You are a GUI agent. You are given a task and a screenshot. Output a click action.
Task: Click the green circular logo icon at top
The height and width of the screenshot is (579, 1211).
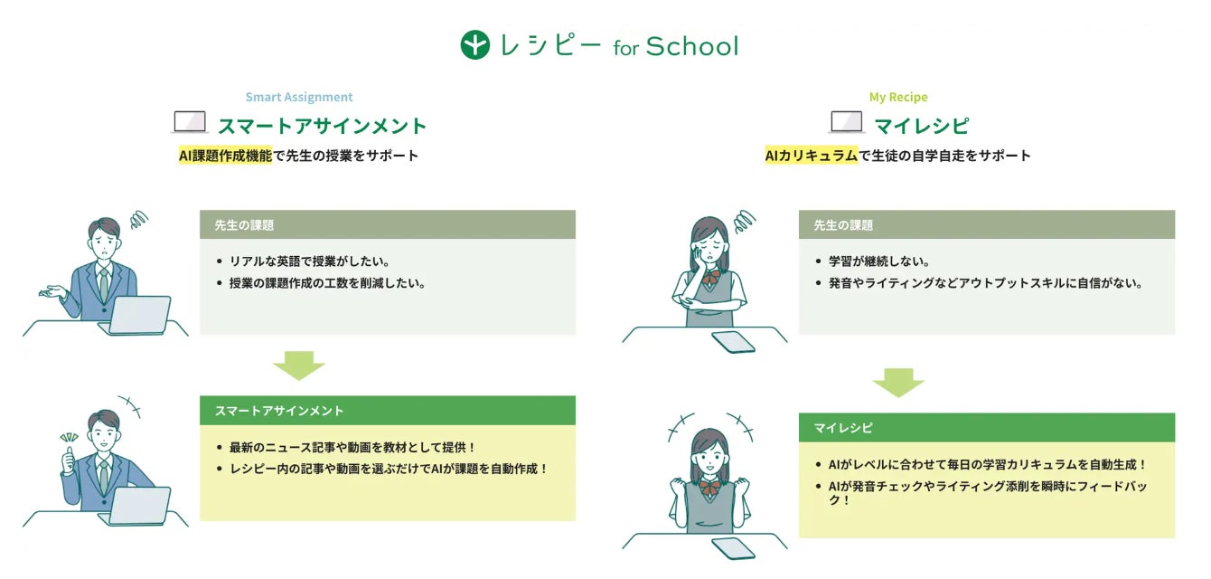pos(474,45)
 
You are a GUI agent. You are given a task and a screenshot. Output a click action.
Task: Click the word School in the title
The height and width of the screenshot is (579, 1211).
pos(692,46)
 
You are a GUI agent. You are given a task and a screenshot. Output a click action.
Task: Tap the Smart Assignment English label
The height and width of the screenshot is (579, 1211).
pos(299,97)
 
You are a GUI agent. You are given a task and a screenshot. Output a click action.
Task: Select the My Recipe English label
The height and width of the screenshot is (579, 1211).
pos(898,97)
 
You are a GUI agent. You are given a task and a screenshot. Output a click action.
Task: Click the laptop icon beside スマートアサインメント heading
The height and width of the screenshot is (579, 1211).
pos(190,122)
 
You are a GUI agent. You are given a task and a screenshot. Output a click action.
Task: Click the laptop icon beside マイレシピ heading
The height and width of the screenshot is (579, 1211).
pos(847,122)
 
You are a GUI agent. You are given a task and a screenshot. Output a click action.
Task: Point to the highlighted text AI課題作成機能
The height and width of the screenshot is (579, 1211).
pos(225,156)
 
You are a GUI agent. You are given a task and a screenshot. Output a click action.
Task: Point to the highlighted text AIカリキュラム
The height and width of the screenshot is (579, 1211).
pos(811,156)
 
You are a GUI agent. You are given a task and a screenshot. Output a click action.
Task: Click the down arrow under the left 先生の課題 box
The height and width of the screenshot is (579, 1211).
pos(299,365)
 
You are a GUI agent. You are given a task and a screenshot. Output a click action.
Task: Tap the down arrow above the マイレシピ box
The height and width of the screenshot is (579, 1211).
pos(898,383)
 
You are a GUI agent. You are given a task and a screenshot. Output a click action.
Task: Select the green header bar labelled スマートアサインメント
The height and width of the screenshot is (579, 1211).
pos(388,410)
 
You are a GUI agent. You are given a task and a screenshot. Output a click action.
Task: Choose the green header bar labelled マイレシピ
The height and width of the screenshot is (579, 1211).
pos(987,428)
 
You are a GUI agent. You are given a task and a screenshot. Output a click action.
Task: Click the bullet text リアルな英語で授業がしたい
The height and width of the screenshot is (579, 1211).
pos(310,261)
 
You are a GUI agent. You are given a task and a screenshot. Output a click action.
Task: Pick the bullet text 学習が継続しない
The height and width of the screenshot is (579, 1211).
pos(879,261)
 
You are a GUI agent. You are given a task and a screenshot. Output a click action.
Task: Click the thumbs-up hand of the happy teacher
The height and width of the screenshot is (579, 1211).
pos(68,460)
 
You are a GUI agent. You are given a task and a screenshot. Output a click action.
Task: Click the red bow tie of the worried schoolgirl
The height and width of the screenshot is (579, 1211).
pos(711,278)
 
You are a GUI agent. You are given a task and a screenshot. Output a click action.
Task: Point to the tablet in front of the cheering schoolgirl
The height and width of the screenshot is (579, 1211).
pos(733,548)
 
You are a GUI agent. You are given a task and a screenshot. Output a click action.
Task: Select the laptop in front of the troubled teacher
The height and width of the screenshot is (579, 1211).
pos(136,316)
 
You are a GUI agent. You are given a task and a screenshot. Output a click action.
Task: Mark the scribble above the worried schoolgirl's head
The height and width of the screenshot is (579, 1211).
pos(744,221)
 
